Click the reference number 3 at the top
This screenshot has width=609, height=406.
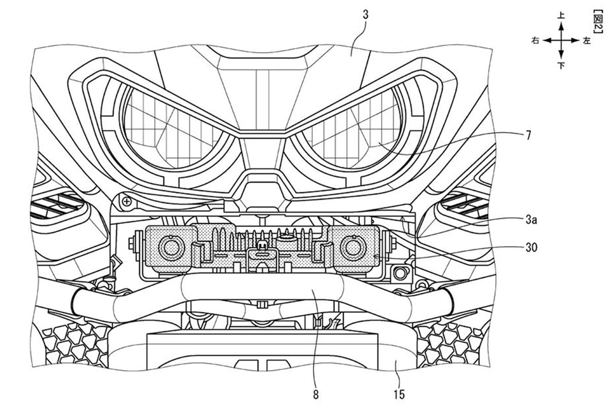pos(366,15)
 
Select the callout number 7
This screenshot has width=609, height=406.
pos(528,135)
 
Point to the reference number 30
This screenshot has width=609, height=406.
pos(531,247)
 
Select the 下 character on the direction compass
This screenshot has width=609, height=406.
pos(561,65)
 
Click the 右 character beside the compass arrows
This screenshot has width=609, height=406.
pos(535,41)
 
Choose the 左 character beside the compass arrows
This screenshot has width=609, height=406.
pos(586,41)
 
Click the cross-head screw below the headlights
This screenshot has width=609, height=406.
pos(127,201)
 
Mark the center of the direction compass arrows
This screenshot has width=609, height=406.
pos(561,41)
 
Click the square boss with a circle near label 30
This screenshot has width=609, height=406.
pos(400,272)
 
